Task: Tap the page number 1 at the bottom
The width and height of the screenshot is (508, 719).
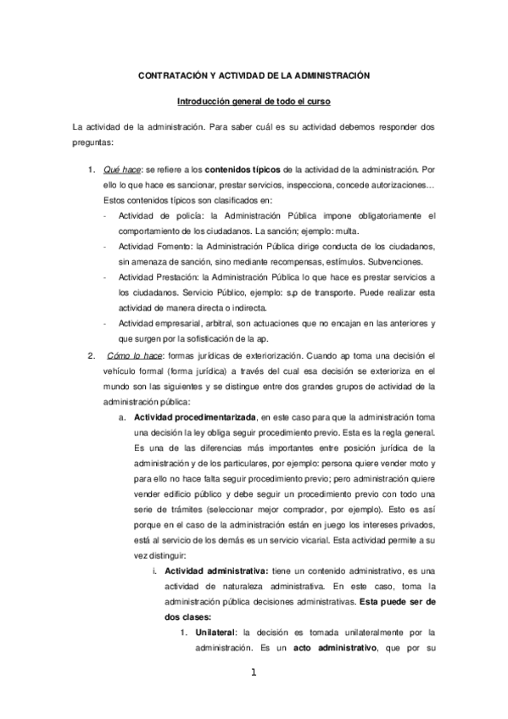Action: tap(253, 674)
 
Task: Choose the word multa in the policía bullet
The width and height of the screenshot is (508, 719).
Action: tap(349, 231)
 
